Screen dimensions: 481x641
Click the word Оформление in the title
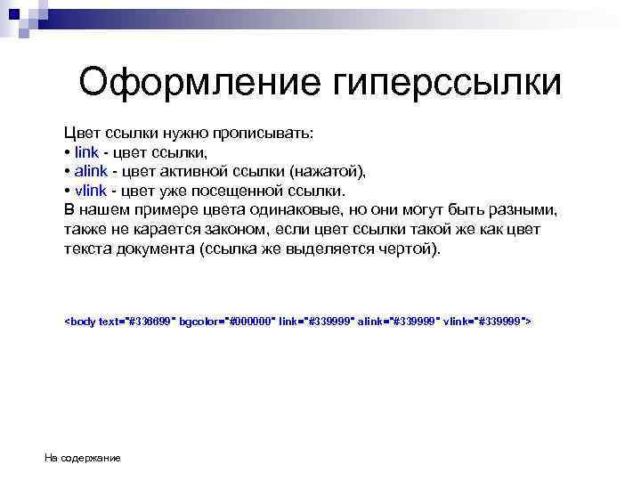tap(198, 84)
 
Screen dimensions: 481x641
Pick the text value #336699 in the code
tap(152, 320)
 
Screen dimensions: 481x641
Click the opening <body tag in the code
tap(81, 320)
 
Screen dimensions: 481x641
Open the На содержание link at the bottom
tap(83, 458)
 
